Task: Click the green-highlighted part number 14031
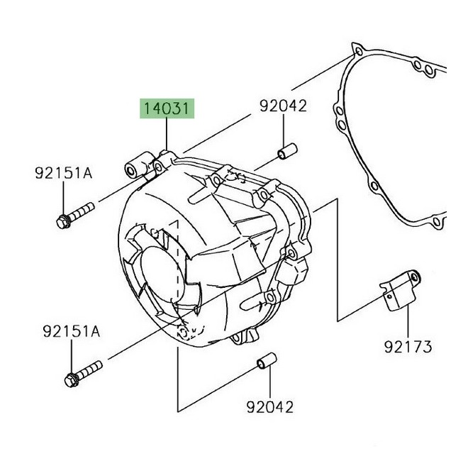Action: coord(167,109)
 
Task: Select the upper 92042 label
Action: coord(282,106)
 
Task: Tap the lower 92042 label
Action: coord(269,407)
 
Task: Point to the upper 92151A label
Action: coord(64,172)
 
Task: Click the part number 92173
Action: coord(409,347)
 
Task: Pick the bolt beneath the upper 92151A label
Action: coord(74,215)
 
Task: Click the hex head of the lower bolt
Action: coord(71,379)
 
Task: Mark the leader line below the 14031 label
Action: coord(167,135)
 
